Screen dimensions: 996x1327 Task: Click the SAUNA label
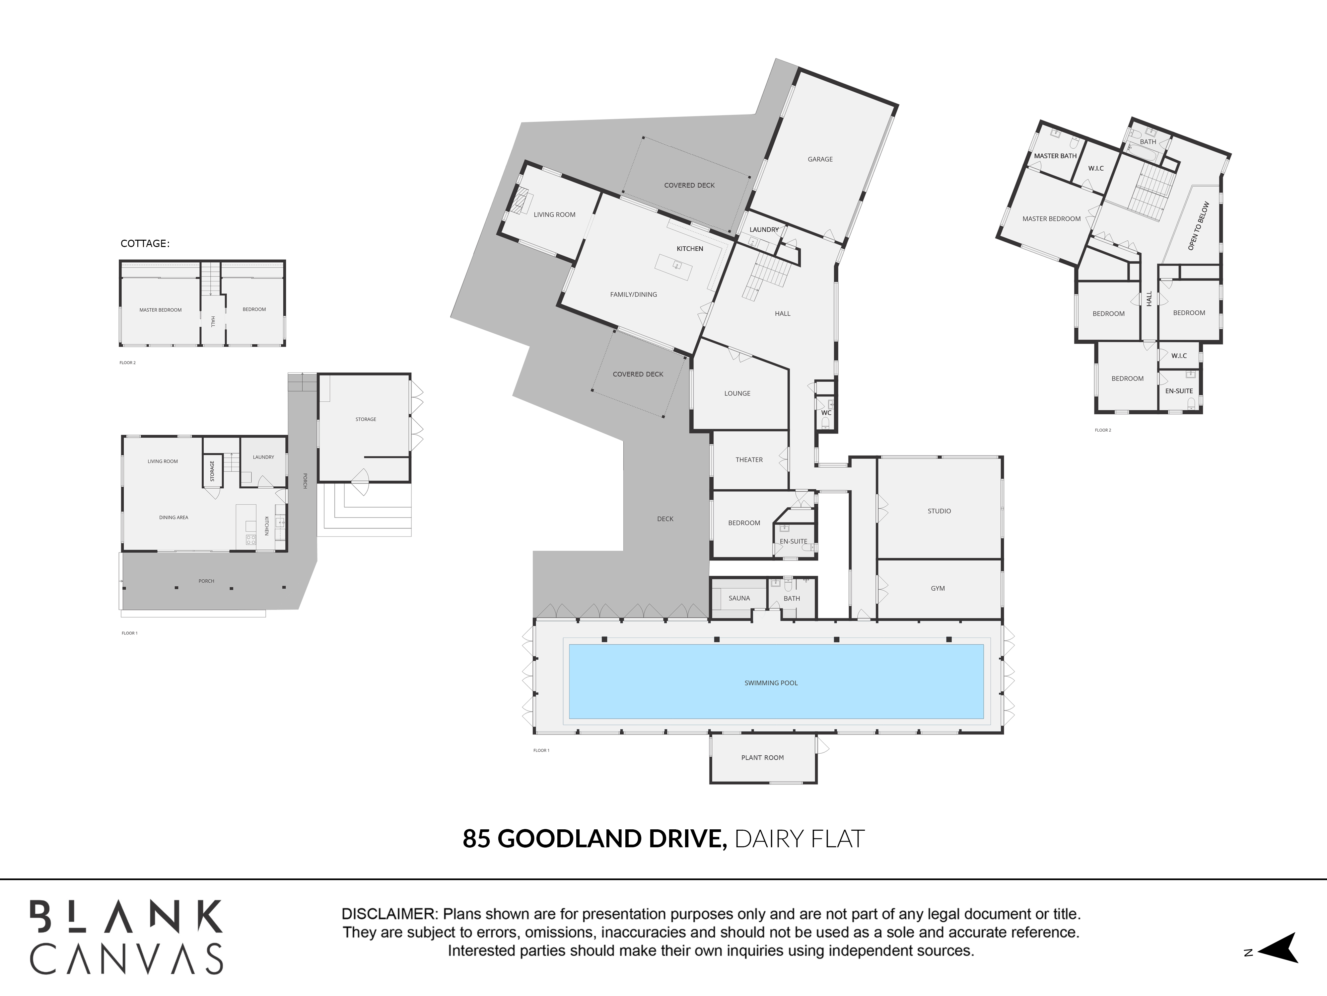(739, 598)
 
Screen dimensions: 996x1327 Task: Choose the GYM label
(938, 588)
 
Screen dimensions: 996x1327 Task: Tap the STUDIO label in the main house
(939, 511)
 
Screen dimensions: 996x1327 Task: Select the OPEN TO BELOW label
(1199, 226)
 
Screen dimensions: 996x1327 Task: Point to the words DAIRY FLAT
(799, 839)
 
